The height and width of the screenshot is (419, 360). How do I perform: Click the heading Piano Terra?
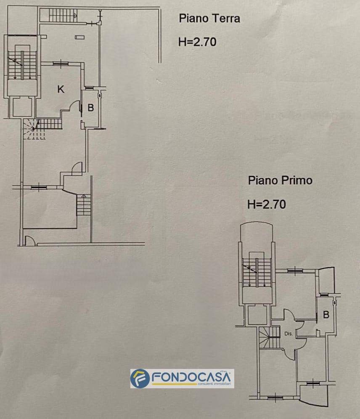[x=209, y=19]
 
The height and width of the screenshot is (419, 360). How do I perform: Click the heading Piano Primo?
[x=280, y=181]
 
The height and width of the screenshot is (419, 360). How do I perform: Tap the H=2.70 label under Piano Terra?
[x=197, y=42]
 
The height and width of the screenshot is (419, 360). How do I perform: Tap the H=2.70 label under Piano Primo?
[x=267, y=204]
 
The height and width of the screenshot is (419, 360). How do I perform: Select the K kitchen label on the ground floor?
[x=61, y=89]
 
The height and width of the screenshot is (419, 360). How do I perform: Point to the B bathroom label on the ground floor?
[x=90, y=108]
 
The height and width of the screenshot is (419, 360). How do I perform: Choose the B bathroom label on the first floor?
[x=326, y=315]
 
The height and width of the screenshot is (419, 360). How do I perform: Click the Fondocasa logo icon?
[x=140, y=379]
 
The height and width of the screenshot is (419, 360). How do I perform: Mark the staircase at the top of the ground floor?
[x=62, y=16]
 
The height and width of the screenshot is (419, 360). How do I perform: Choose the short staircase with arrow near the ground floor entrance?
[x=83, y=205]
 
